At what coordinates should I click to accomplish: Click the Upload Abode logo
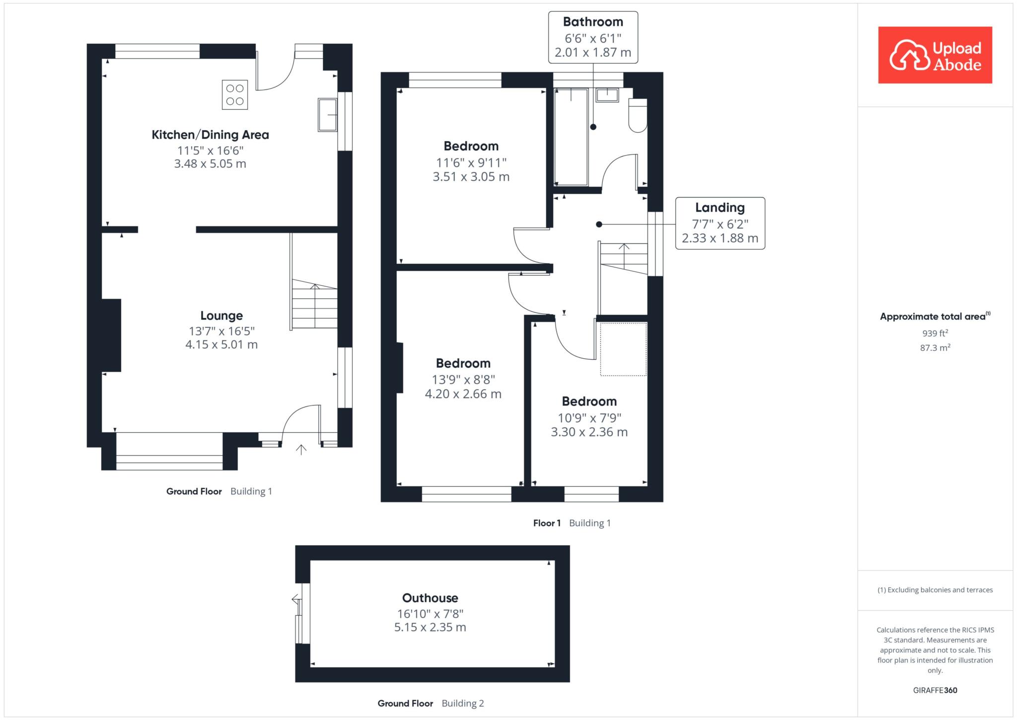[x=935, y=55]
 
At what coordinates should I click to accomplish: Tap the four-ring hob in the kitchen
[x=235, y=95]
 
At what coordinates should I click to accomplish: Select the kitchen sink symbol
[x=328, y=115]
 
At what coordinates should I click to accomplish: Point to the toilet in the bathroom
[x=638, y=115]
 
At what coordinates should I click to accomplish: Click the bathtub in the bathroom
[x=571, y=137]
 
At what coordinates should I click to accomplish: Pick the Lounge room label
[x=221, y=316]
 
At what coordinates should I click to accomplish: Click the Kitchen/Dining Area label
[x=210, y=135]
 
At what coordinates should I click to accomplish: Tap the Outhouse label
[x=430, y=598]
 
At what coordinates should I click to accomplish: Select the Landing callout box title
[x=720, y=208]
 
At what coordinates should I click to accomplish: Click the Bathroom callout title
[x=593, y=22]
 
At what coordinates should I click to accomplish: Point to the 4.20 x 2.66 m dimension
[x=463, y=394]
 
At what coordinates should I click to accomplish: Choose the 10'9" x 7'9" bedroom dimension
[x=589, y=418]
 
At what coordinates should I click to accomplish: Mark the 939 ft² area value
[x=935, y=333]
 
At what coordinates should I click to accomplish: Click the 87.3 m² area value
[x=935, y=348]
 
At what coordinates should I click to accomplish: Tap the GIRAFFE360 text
[x=935, y=690]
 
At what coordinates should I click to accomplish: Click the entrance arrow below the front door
[x=301, y=450]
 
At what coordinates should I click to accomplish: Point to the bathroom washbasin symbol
[x=607, y=95]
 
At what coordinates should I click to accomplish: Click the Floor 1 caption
[x=547, y=523]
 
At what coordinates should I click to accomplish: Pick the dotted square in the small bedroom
[x=623, y=349]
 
